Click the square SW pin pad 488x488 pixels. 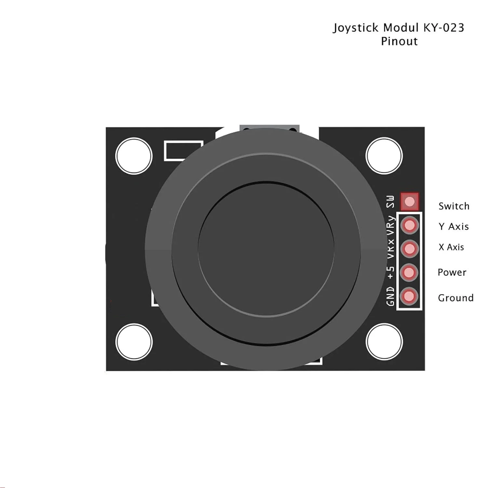[x=410, y=202]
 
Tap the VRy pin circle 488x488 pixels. [x=410, y=225]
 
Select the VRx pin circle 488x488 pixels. [x=410, y=249]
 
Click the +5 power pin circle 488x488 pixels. [x=409, y=272]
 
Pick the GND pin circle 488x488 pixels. [x=409, y=296]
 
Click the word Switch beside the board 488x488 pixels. [x=454, y=206]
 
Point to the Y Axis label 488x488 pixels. [x=454, y=226]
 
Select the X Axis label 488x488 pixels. [x=451, y=247]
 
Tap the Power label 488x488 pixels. [x=452, y=272]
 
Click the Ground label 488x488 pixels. [x=455, y=298]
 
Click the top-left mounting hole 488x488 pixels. [x=134, y=156]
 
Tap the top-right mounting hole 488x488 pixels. [x=384, y=156]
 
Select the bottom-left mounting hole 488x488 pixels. [x=134, y=342]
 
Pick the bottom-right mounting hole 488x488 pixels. [x=384, y=342]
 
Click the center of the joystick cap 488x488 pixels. [x=266, y=249]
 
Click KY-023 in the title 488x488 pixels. [x=443, y=28]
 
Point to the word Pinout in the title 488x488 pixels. [x=399, y=42]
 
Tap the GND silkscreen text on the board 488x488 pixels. [x=390, y=296]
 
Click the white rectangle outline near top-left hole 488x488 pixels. [x=184, y=151]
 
